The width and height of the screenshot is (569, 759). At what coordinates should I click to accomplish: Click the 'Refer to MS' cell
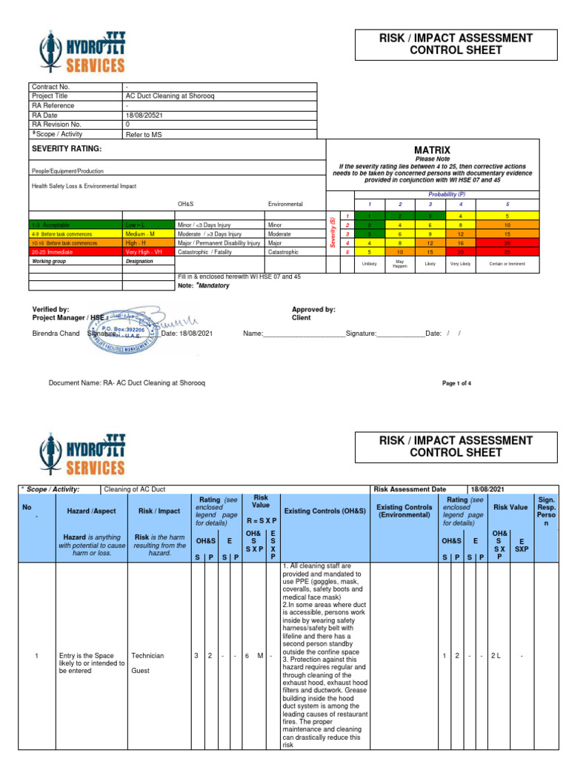142,134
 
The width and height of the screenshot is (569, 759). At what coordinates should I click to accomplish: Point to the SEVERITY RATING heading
67,149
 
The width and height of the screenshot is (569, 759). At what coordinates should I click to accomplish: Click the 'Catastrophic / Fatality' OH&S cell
207,251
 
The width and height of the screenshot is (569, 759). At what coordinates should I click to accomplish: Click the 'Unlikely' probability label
369,264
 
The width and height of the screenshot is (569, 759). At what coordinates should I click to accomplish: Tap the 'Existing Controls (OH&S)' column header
325,511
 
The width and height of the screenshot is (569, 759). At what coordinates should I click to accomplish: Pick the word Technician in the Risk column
147,656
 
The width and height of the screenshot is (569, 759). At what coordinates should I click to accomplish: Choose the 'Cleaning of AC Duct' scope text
135,489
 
